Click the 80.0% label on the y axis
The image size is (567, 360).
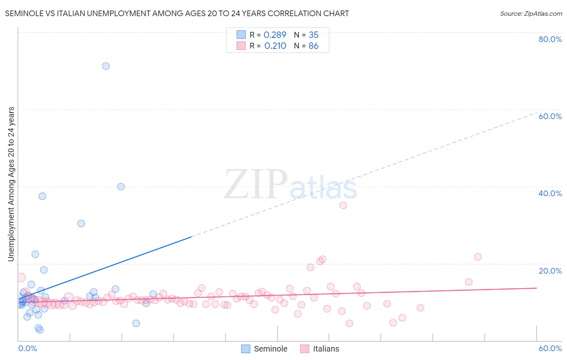click(550, 39)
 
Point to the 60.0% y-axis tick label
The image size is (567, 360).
click(550, 116)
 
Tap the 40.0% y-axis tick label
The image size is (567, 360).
click(550, 193)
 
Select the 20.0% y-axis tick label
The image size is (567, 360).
click(550, 271)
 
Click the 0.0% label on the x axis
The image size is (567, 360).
click(27, 348)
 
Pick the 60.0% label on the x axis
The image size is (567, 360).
click(550, 348)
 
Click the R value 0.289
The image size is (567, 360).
click(275, 35)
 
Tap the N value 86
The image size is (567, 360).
click(313, 46)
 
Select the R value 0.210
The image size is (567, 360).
click(275, 46)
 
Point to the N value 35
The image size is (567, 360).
click(313, 35)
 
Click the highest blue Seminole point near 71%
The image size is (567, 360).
click(106, 66)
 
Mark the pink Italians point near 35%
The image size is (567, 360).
click(343, 205)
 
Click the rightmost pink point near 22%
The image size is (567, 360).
click(478, 257)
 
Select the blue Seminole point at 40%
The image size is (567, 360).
click(121, 186)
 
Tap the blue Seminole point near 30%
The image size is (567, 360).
click(81, 224)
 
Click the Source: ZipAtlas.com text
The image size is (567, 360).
click(531, 14)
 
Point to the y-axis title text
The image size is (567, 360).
click(11, 184)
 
